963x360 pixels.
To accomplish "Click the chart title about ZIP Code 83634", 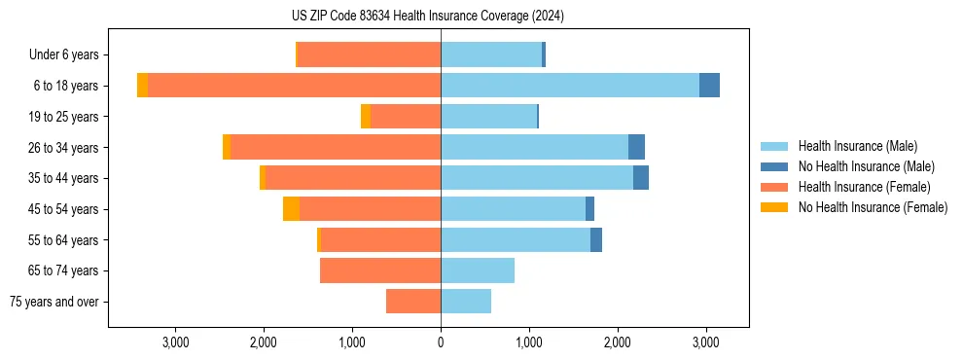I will pyautogui.click(x=441, y=17).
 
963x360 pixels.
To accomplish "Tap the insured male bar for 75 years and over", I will pyautogui.click(x=466, y=302).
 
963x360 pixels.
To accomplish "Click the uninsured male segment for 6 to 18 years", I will pyautogui.click(x=709, y=86).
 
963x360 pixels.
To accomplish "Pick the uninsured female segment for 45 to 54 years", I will pyautogui.click(x=291, y=209).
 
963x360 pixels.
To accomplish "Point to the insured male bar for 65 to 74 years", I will pyautogui.click(x=478, y=270).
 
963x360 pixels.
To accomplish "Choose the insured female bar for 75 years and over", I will pyautogui.click(x=413, y=302).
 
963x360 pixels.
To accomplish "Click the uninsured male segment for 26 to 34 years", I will pyautogui.click(x=636, y=147).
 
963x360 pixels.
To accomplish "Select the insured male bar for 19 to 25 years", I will pyautogui.click(x=488, y=117).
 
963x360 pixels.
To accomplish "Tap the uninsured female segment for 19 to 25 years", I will pyautogui.click(x=366, y=117).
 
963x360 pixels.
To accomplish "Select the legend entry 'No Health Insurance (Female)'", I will pyautogui.click(x=873, y=207).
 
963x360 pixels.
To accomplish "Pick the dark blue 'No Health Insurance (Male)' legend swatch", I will pyautogui.click(x=774, y=166).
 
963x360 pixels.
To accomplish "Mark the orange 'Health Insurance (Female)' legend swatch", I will pyautogui.click(x=774, y=187).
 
